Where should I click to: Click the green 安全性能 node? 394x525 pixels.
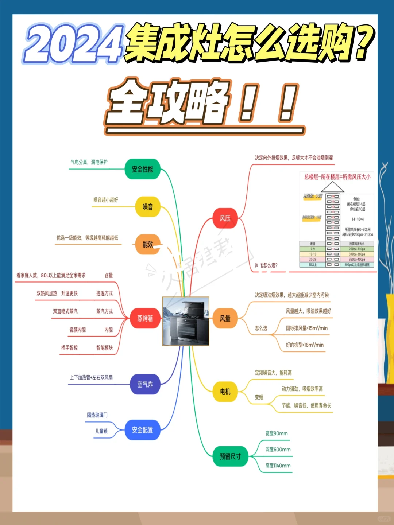(142, 169)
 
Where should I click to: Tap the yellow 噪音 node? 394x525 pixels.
(147, 207)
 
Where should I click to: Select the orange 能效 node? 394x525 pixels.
(147, 244)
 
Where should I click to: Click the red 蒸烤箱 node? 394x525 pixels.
(145, 318)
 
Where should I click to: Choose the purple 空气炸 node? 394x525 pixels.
(145, 384)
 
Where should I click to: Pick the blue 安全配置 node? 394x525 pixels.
(142, 430)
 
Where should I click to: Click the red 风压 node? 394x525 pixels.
(225, 218)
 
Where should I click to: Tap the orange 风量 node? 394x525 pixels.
(225, 318)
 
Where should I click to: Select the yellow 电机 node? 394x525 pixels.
(225, 392)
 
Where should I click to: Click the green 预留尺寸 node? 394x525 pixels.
(230, 456)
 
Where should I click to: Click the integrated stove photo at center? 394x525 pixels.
(186, 321)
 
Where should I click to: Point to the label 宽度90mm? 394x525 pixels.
(277, 433)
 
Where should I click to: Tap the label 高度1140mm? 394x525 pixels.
(278, 466)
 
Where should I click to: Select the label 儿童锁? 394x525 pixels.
(101, 431)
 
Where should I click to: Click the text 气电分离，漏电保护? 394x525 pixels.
(89, 162)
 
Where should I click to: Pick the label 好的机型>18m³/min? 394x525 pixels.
(305, 345)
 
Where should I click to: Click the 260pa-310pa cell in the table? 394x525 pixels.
(357, 249)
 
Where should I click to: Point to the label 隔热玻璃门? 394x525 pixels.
(97, 415)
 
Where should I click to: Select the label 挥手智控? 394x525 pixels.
(69, 348)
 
